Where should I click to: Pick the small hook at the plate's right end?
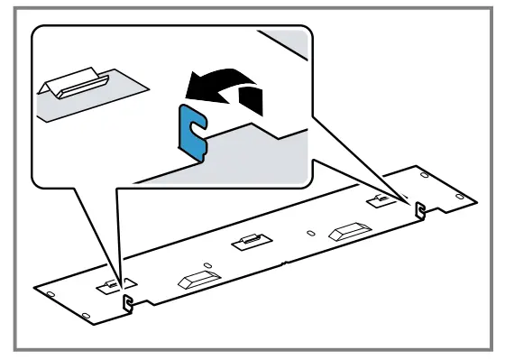[419, 209]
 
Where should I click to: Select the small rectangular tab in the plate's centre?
[248, 242]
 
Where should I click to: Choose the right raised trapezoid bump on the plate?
[346, 231]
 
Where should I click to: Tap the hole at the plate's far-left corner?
[50, 293]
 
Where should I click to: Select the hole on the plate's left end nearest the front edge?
[85, 313]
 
